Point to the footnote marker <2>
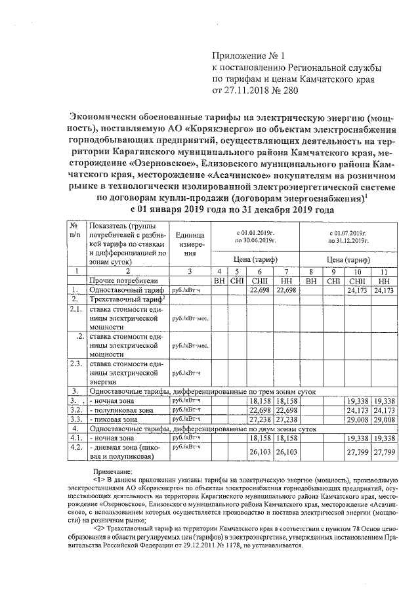pyautogui.click(x=99, y=527)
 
